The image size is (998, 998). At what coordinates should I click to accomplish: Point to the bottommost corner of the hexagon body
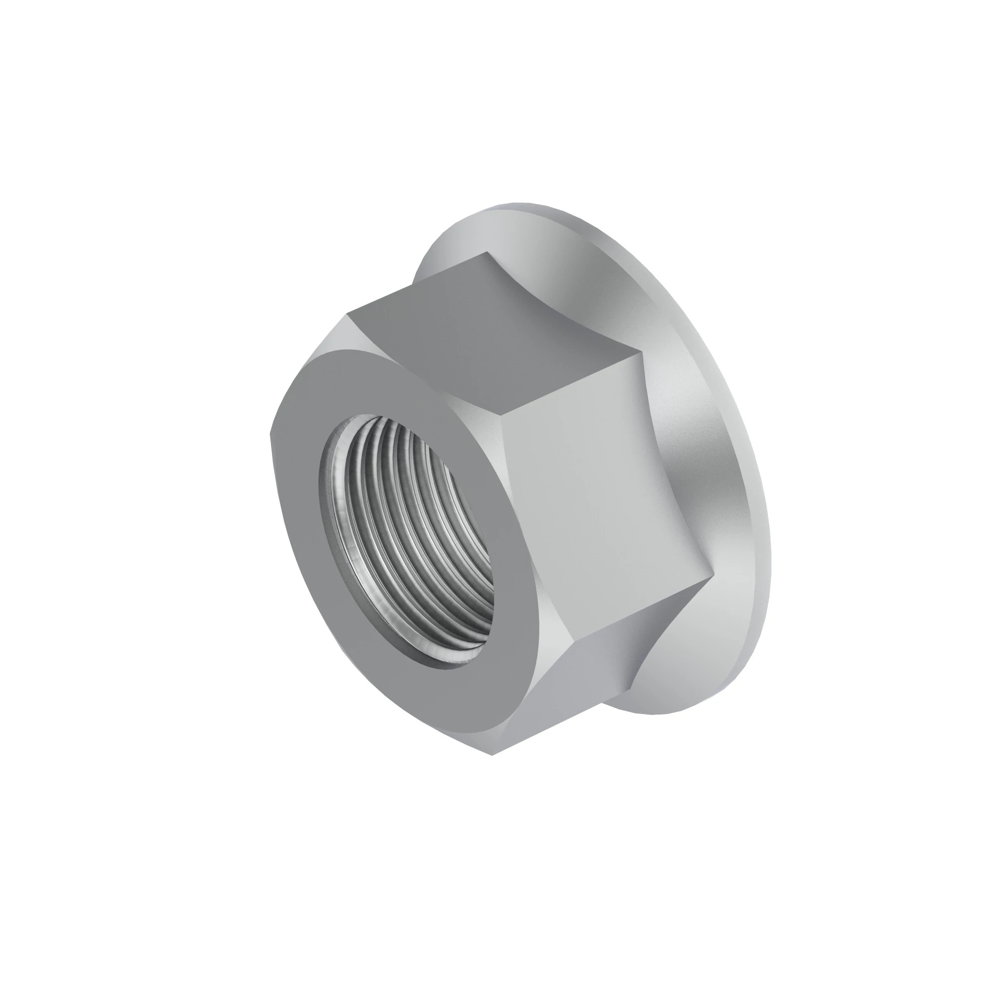(492, 755)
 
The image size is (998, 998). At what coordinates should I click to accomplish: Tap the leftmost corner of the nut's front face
(270, 434)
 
